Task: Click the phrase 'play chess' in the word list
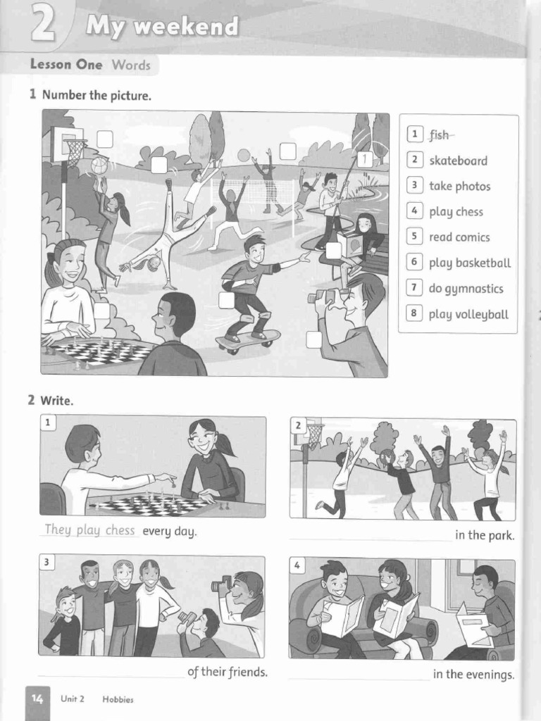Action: (x=456, y=212)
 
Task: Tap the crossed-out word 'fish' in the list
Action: (x=440, y=134)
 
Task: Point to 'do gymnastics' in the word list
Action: (x=466, y=289)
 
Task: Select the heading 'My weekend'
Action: (x=162, y=27)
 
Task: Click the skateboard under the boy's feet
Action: (x=247, y=341)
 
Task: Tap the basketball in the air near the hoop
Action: (x=99, y=165)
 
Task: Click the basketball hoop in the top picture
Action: (x=75, y=149)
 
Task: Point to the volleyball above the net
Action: (x=244, y=155)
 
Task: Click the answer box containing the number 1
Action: (x=365, y=160)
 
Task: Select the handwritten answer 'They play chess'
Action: (x=89, y=530)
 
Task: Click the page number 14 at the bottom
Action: (x=37, y=698)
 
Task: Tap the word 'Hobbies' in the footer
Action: (x=118, y=699)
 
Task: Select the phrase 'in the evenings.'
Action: (x=473, y=675)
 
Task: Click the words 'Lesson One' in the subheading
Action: (x=66, y=65)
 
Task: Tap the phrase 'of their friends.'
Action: (x=228, y=672)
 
